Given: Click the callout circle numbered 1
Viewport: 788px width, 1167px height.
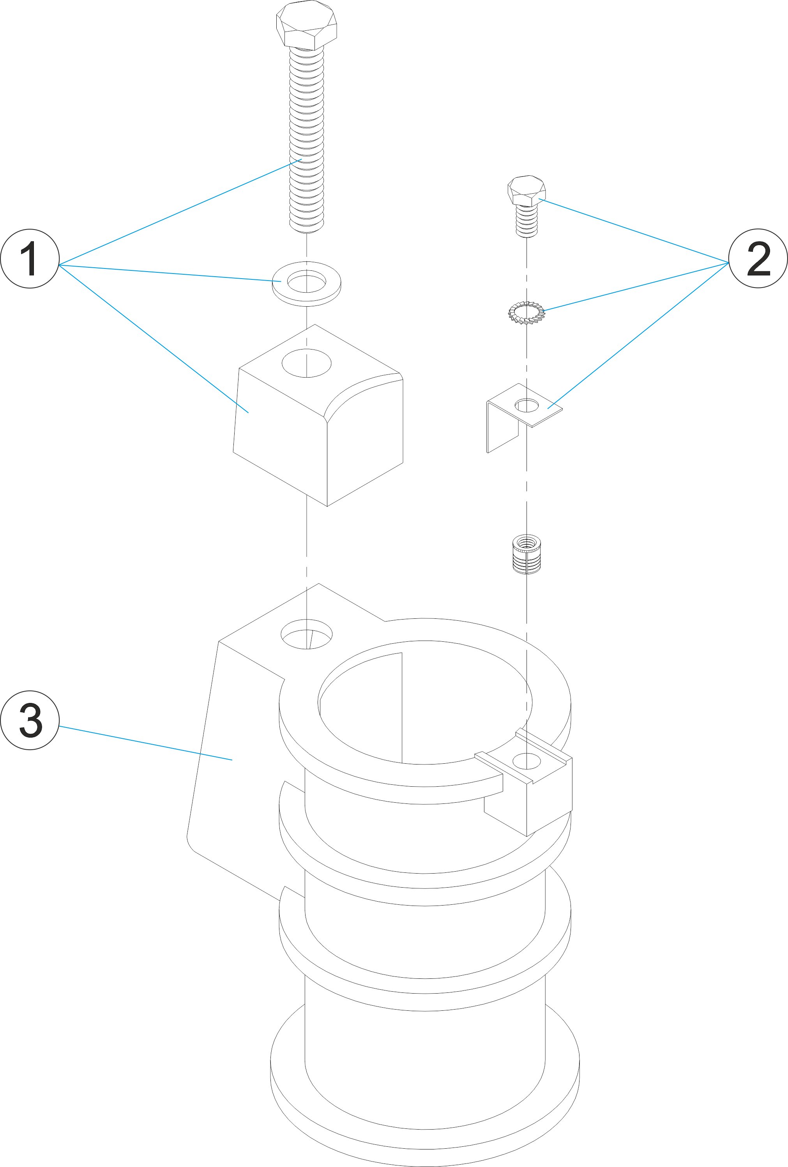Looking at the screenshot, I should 30,259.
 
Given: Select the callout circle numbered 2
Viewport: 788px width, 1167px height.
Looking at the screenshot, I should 758,259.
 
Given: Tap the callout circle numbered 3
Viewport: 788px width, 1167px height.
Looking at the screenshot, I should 30,720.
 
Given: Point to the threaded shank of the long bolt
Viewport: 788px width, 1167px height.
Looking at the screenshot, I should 306,141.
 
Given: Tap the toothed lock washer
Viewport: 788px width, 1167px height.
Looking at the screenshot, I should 527,313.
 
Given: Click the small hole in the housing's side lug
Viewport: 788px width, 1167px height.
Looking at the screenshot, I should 527,761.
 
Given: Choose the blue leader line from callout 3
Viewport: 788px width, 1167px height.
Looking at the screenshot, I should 146,743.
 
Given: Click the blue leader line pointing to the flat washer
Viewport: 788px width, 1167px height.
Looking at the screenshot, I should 171,273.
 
